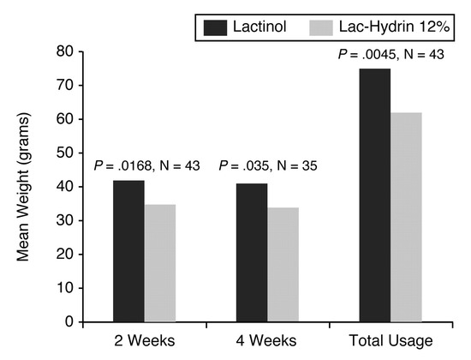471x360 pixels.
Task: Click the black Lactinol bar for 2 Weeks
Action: tap(128, 251)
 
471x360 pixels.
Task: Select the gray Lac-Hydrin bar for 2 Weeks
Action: tap(160, 263)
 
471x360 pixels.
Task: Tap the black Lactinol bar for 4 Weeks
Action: tap(252, 253)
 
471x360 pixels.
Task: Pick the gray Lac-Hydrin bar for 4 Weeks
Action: tap(283, 265)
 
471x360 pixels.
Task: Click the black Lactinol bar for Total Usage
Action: tap(375, 195)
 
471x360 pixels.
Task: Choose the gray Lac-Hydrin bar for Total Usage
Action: tap(406, 217)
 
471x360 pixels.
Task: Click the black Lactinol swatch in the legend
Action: tap(215, 28)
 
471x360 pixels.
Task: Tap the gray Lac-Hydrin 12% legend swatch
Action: tap(321, 28)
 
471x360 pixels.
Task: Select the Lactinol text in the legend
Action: tap(259, 27)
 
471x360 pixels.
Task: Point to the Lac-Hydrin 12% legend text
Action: tap(395, 27)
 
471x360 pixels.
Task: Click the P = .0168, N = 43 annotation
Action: tap(147, 165)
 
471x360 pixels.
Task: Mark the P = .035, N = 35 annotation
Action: tap(268, 165)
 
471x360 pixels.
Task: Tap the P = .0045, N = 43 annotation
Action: tap(391, 55)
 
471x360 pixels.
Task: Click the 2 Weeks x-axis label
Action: tap(145, 341)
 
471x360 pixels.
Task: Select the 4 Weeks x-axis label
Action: tap(266, 341)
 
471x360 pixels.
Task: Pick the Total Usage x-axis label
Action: tap(391, 341)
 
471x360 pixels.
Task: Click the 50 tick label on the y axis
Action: tap(64, 153)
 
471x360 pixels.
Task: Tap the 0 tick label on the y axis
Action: tap(69, 321)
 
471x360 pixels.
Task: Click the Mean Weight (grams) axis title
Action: tap(23, 187)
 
